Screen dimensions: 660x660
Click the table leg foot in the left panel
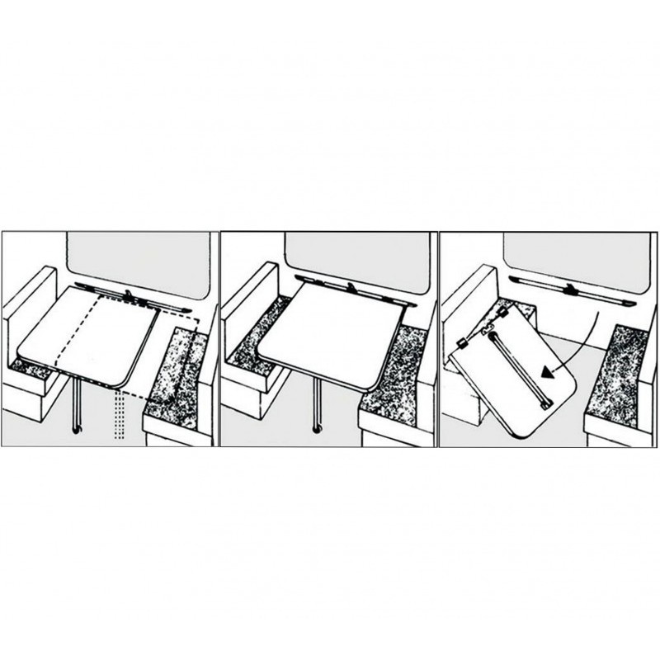77,429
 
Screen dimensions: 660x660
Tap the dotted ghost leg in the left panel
119,417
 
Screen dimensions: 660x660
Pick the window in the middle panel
355,256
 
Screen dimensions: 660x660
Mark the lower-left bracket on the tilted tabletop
460,342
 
